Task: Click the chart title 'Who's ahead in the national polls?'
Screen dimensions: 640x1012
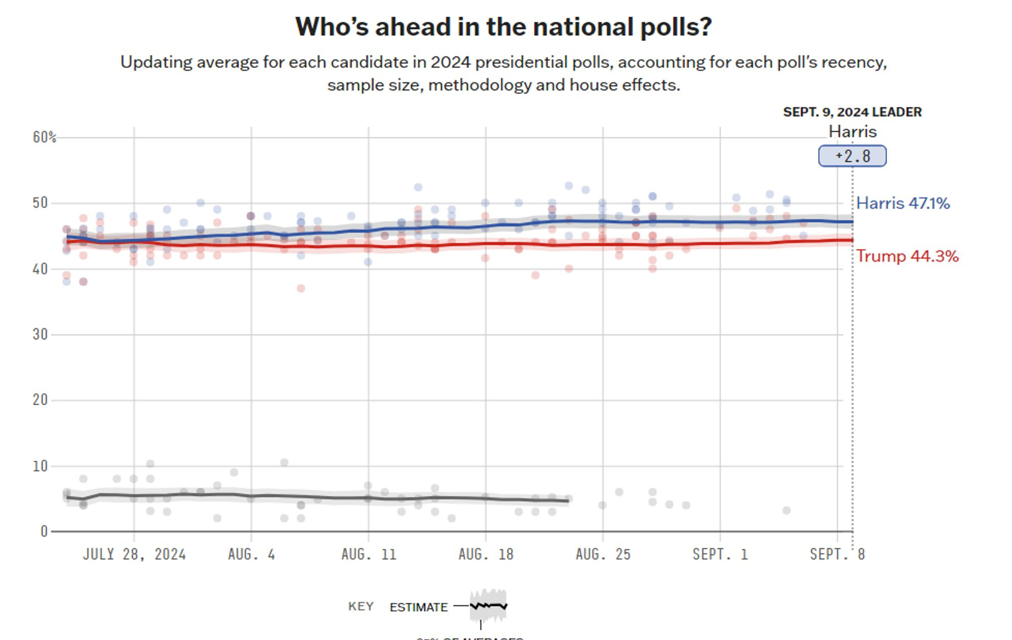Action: coord(503,27)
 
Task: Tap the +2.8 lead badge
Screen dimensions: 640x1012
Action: coord(852,156)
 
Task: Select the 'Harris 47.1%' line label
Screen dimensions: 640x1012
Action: coord(903,204)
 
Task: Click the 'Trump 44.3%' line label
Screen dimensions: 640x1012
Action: coord(907,256)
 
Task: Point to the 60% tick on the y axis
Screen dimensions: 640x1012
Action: coord(44,137)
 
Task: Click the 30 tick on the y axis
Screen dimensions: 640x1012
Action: coord(40,334)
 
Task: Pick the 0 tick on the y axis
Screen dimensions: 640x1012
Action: coord(44,531)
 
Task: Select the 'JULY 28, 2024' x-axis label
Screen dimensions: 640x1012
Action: coord(134,554)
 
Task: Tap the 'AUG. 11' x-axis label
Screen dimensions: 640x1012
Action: coord(368,554)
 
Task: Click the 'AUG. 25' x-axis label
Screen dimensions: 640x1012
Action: coord(603,554)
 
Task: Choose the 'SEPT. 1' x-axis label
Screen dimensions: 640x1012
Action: coord(720,554)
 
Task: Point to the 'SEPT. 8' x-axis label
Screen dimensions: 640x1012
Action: coord(837,554)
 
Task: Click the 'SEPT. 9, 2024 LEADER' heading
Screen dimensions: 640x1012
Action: coord(852,112)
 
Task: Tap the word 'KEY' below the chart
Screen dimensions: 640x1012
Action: coord(361,607)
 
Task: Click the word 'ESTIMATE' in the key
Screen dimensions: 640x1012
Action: coord(418,607)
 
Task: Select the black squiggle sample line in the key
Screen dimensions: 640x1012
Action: coord(488,606)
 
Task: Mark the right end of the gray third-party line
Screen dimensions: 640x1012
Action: coord(568,501)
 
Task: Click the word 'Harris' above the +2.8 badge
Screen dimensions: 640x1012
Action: coord(852,132)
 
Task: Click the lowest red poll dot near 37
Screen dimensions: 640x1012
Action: coord(301,289)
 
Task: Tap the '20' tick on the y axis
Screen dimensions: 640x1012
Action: coord(40,400)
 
